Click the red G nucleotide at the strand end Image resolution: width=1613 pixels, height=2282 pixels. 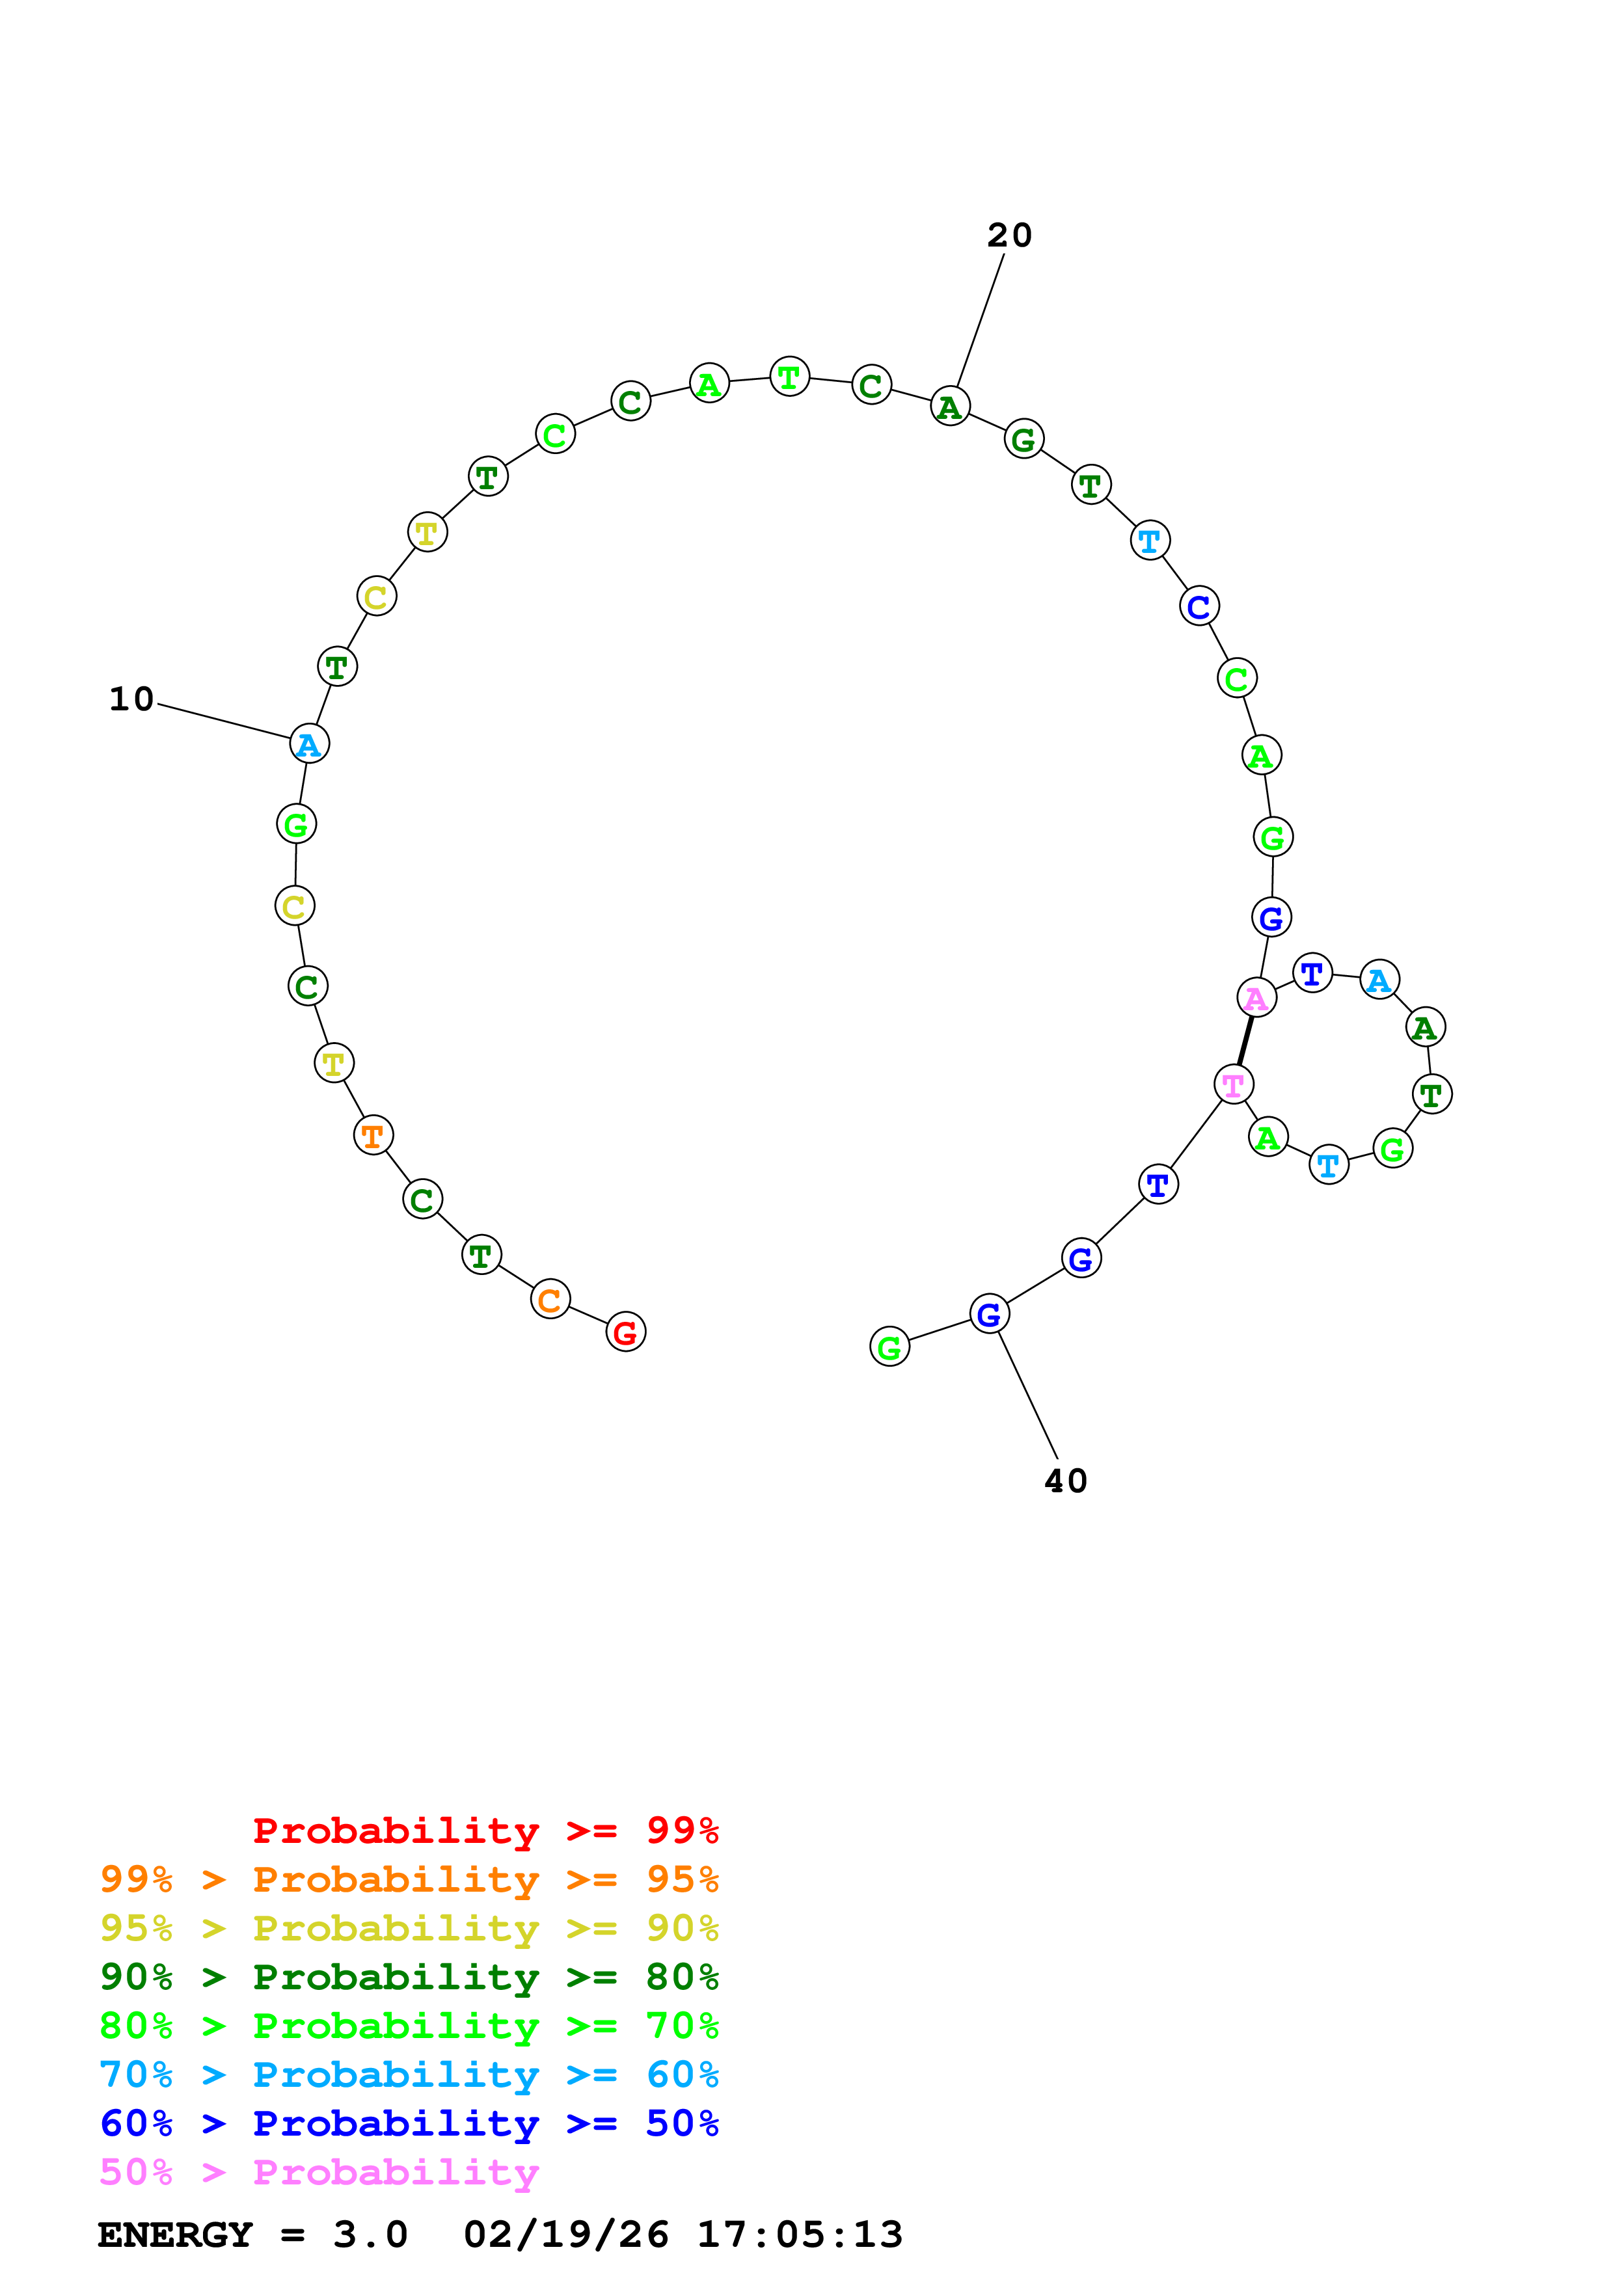pyautogui.click(x=625, y=1332)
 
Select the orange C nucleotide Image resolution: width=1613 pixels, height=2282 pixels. pyautogui.click(x=550, y=1299)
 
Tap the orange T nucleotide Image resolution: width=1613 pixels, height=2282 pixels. pyautogui.click(x=373, y=1135)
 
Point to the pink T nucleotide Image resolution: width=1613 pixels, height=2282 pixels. pyautogui.click(x=1234, y=1084)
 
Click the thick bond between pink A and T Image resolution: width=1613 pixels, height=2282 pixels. pyautogui.click(x=1245, y=1041)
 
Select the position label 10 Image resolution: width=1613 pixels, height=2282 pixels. pyautogui.click(x=131, y=699)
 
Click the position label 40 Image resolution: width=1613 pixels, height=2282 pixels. pyautogui.click(x=1065, y=1481)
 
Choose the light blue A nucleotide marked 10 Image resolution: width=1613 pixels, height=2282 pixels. pyautogui.click(x=309, y=744)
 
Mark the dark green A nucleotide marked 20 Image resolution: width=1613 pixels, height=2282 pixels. pyautogui.click(x=950, y=407)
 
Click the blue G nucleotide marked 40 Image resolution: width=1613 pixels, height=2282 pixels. pyautogui.click(x=989, y=1314)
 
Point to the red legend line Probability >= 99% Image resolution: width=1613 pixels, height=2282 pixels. pyautogui.click(x=485, y=1830)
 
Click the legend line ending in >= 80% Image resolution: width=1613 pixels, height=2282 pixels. pyautogui.click(x=409, y=1977)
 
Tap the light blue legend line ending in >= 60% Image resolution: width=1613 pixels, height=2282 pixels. pyautogui.click(x=409, y=2074)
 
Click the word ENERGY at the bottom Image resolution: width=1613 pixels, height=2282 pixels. pyautogui.click(x=175, y=2235)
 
